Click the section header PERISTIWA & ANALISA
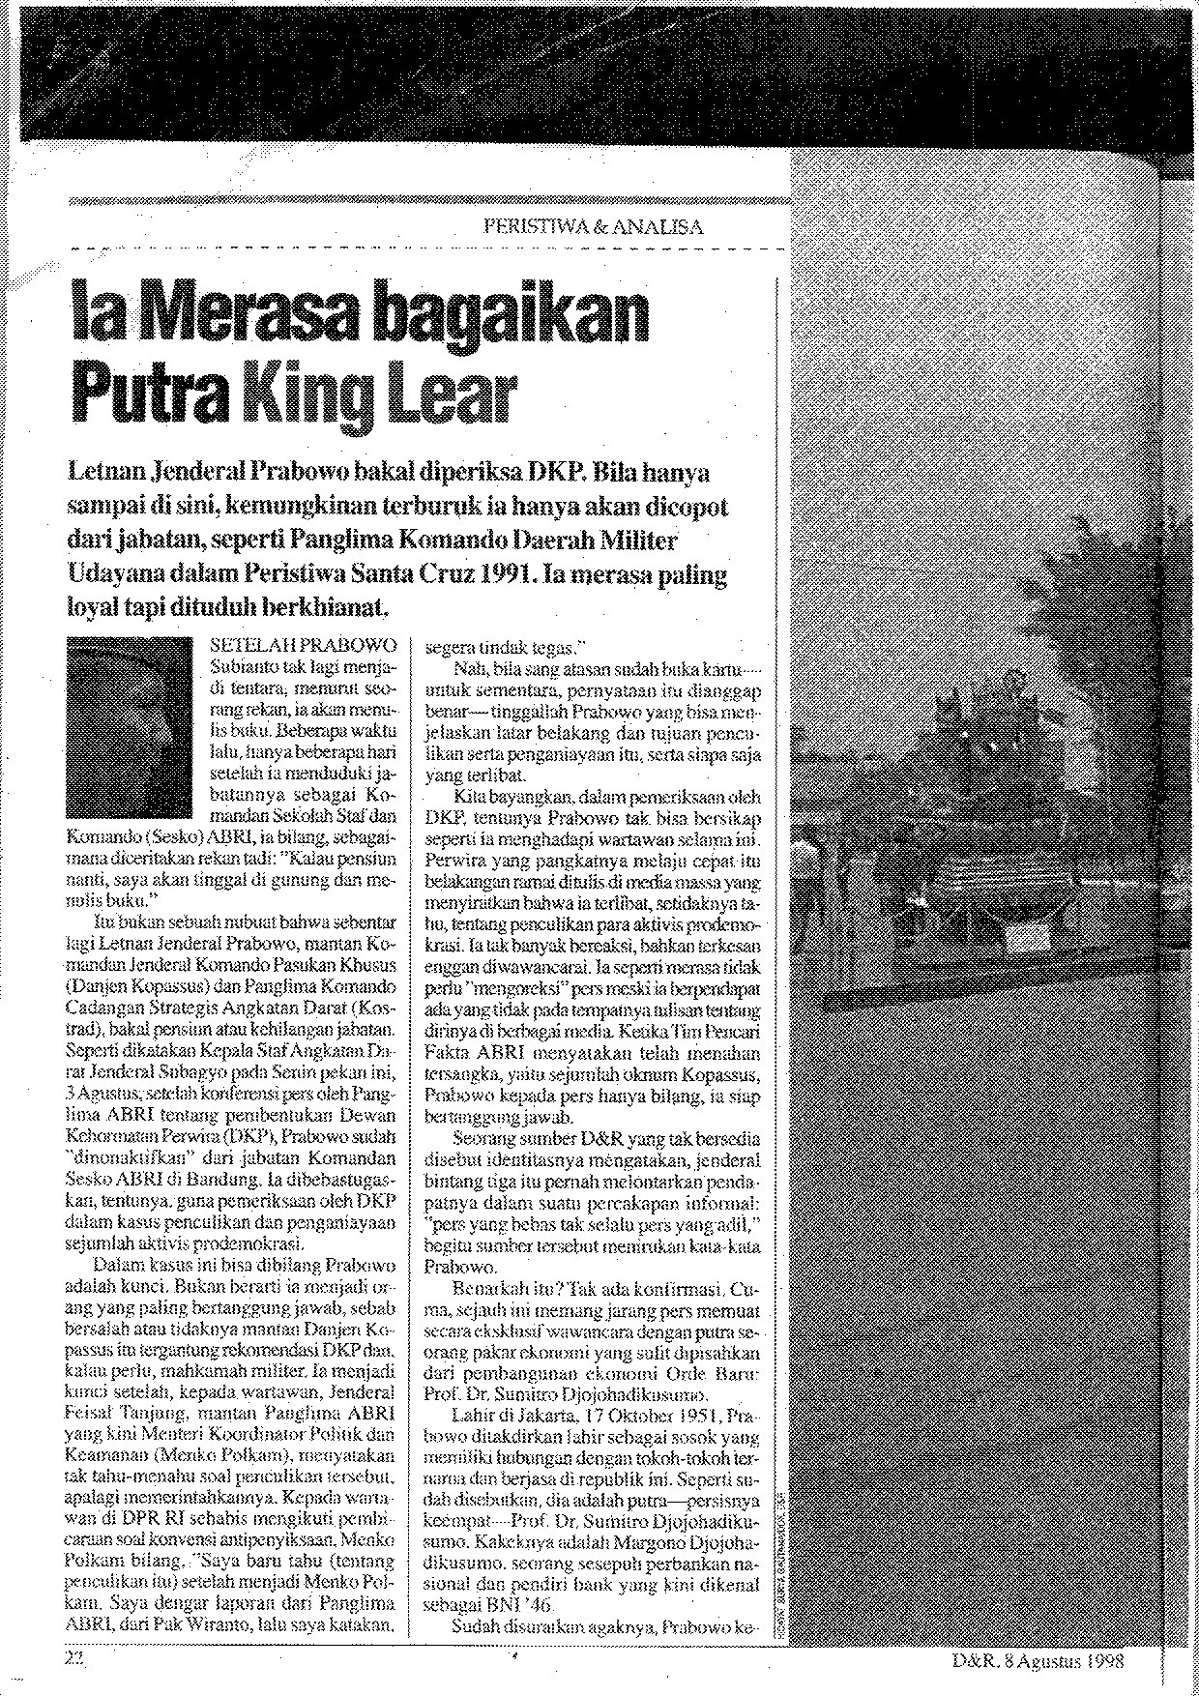pyautogui.click(x=593, y=228)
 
